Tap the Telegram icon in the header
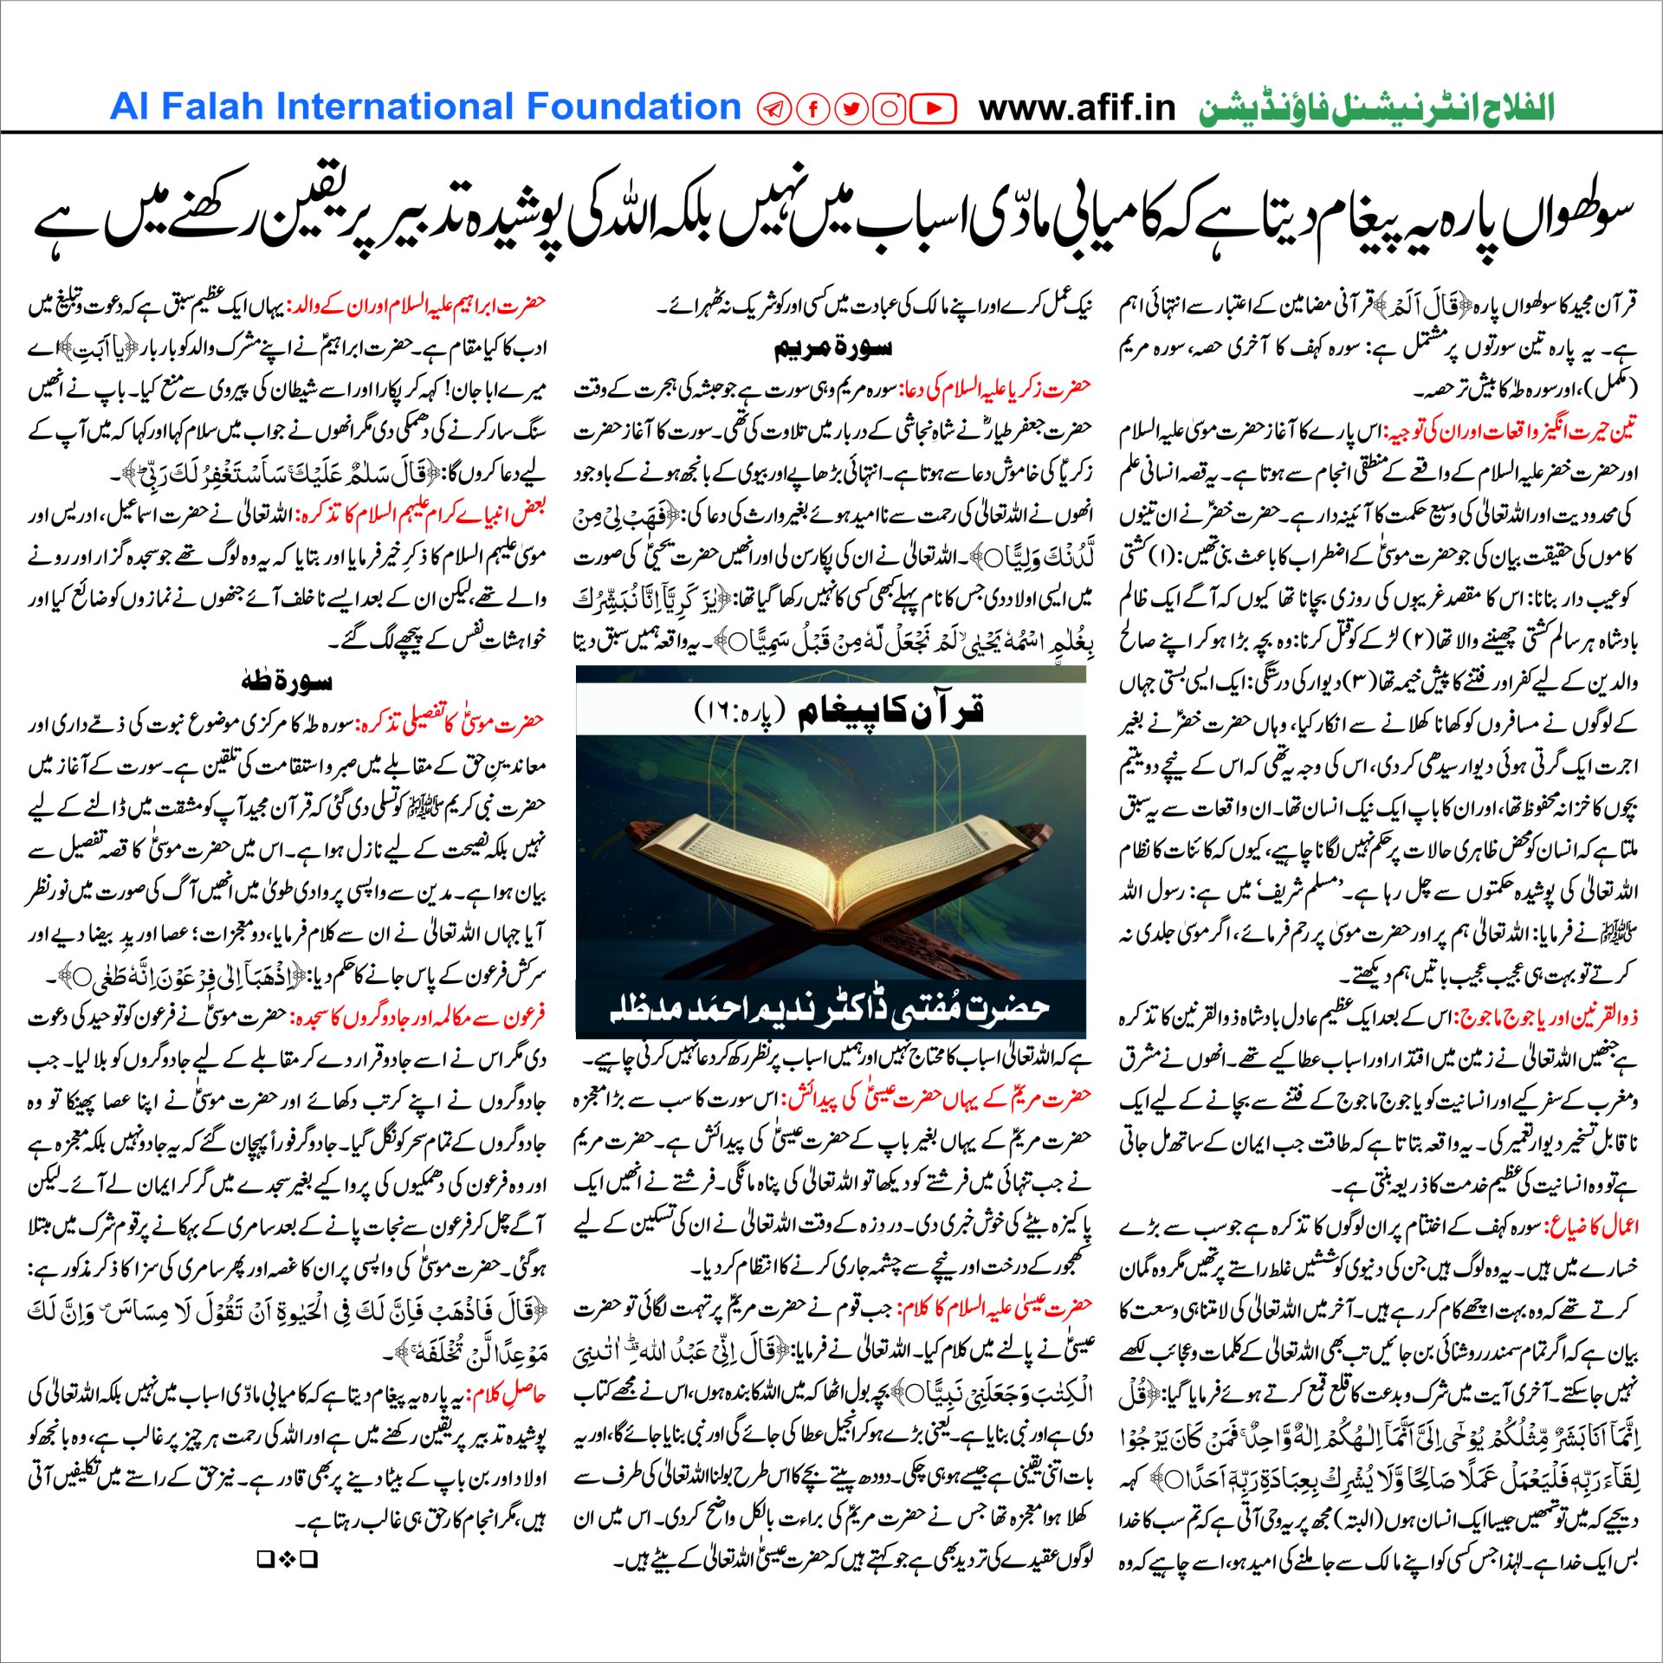[773, 108]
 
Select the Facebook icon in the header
[813, 108]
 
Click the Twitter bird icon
[851, 108]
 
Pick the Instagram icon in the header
[890, 108]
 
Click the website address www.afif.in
[1077, 108]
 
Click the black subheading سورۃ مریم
[831, 348]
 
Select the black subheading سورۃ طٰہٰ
[287, 682]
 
